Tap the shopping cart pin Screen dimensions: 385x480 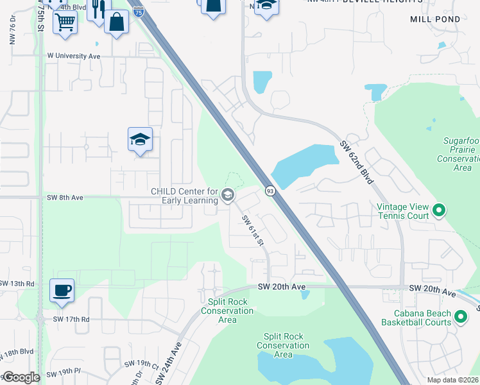(65, 22)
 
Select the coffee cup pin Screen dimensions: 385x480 (62, 291)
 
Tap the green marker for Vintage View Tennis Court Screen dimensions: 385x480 (439, 210)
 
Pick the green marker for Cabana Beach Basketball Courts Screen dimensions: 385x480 (460, 316)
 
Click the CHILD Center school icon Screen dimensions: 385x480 (227, 195)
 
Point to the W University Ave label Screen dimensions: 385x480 (74, 56)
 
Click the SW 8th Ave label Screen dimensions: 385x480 (65, 198)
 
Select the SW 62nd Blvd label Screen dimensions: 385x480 (357, 162)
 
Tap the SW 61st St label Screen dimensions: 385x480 (253, 230)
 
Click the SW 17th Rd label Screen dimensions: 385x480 (71, 319)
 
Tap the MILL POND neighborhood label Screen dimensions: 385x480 (434, 19)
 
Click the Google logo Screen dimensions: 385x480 (21, 377)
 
